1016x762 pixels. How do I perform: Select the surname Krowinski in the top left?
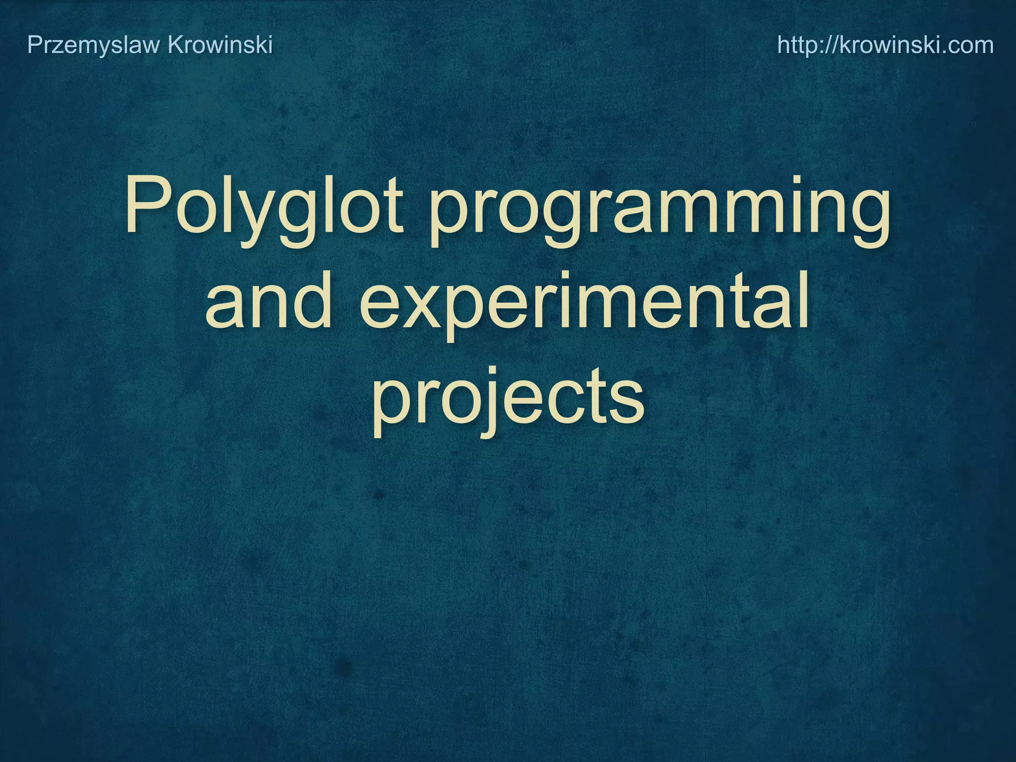(x=220, y=45)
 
